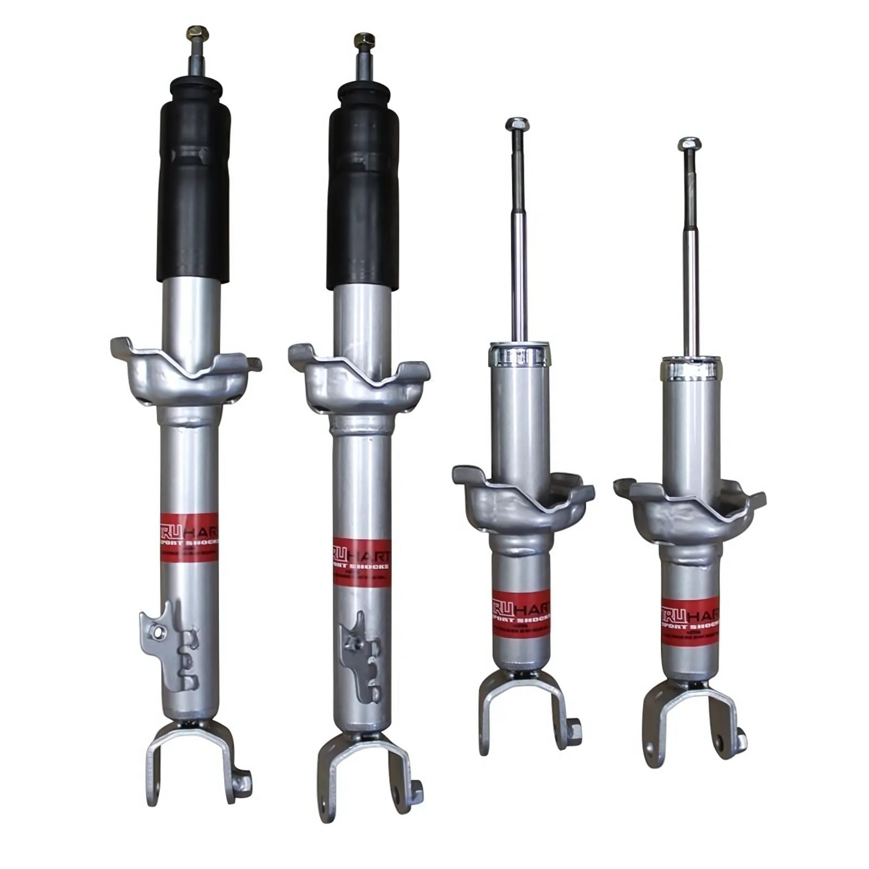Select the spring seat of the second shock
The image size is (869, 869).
tap(358, 379)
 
